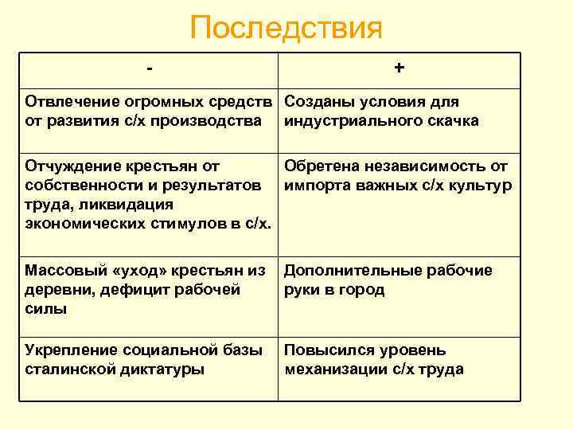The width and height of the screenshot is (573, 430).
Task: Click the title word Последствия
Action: click(286, 29)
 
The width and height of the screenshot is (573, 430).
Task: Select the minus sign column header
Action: click(150, 69)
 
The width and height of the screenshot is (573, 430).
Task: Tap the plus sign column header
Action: click(399, 69)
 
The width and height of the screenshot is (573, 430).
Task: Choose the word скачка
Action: click(450, 121)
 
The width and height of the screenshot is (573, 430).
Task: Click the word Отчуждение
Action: click(72, 166)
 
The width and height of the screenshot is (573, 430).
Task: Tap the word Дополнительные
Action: click(347, 271)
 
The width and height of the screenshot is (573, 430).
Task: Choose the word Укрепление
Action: click(71, 350)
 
